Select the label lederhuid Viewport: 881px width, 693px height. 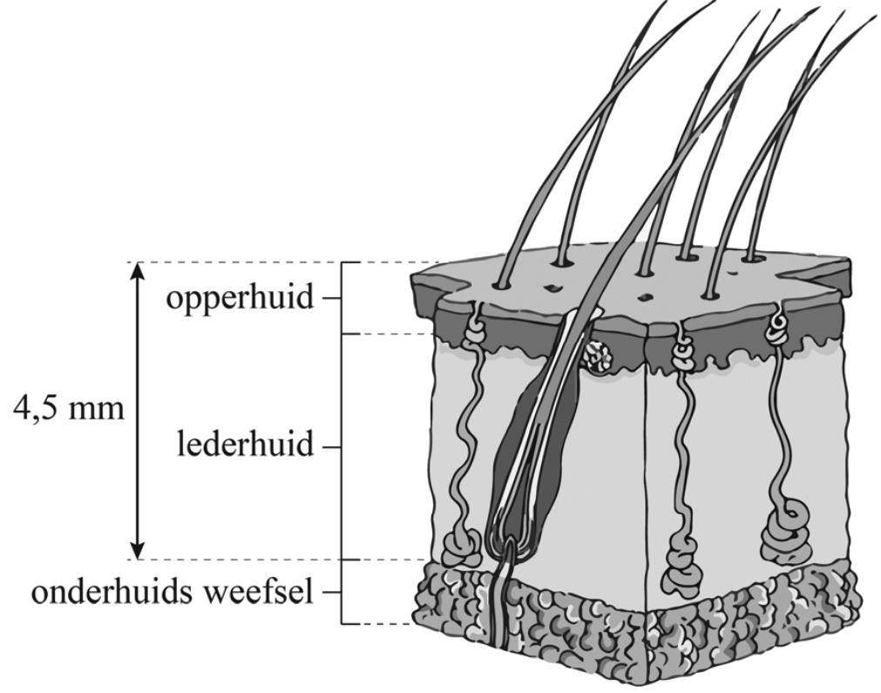pos(246,447)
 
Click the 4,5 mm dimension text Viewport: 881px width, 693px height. pos(69,409)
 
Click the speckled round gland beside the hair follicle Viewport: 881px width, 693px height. pos(598,357)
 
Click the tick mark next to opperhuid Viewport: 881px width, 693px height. pos(330,298)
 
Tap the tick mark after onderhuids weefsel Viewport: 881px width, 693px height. pos(330,594)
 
